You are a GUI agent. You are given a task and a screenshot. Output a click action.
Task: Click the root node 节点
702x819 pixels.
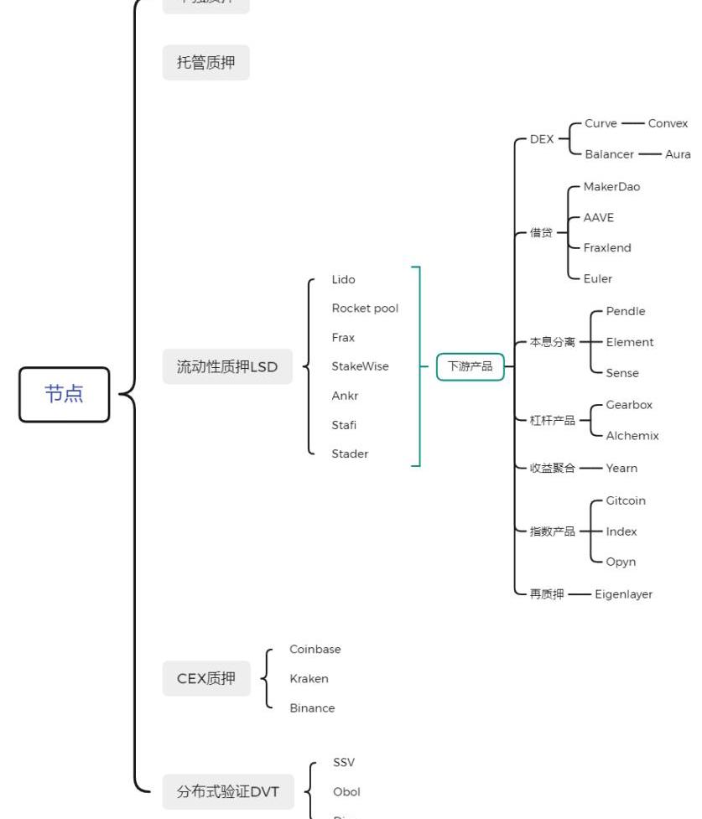65,394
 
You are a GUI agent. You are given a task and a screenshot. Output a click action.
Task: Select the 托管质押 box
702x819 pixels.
205,63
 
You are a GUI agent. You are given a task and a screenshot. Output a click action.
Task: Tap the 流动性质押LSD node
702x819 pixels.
227,366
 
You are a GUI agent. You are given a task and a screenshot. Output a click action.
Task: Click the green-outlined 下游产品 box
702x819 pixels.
470,366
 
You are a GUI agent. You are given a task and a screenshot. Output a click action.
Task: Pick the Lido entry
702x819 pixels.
343,279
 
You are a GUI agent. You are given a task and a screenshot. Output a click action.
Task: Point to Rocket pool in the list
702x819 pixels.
365,308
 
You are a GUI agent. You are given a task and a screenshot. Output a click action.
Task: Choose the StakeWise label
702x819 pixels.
360,366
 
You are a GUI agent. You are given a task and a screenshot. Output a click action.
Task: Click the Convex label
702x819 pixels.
668,123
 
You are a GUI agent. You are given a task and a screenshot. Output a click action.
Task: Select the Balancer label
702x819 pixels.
609,154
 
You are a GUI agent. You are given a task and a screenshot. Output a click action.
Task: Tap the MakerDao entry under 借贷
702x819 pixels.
611,187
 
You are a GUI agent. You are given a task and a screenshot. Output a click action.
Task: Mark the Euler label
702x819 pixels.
598,278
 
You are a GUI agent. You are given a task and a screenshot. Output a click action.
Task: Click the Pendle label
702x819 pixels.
626,311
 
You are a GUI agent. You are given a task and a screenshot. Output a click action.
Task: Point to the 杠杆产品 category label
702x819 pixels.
553,421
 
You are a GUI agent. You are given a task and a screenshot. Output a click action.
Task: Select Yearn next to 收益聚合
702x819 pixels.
621,468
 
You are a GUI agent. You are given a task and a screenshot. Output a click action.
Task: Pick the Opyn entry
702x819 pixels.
621,562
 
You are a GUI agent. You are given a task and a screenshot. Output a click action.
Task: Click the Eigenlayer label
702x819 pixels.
623,594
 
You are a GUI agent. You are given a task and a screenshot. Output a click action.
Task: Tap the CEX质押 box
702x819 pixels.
206,679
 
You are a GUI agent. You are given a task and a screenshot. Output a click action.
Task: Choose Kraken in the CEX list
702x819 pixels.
309,679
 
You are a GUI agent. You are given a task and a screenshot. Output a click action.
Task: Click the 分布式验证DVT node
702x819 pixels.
227,791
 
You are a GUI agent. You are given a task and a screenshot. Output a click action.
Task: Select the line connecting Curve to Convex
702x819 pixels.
632,123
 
